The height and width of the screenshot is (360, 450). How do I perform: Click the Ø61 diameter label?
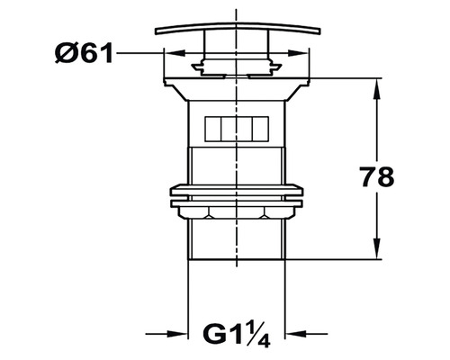(x=84, y=53)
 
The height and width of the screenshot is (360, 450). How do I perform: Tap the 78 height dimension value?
(x=377, y=176)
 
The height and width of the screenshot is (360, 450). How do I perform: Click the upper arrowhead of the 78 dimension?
(x=377, y=89)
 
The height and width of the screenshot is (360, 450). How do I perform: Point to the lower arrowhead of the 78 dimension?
(x=377, y=248)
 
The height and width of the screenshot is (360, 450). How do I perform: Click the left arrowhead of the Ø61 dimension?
(x=175, y=53)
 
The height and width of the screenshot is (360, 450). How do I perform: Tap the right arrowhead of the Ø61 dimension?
(x=298, y=53)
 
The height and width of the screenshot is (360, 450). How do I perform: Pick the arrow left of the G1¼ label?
(x=166, y=333)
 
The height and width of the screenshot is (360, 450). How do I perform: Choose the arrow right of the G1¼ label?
(x=306, y=333)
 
